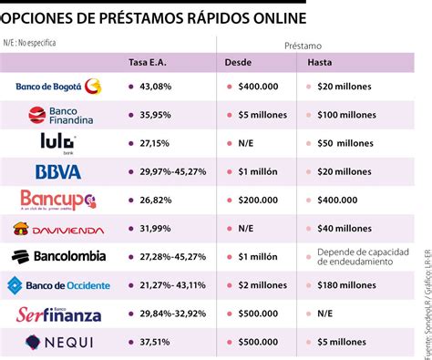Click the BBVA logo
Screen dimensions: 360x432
(x=58, y=171)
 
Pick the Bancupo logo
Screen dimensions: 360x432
(x=58, y=200)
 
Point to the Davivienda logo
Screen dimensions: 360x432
(x=58, y=229)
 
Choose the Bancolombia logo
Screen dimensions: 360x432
(x=58, y=257)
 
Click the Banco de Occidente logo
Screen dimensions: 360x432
(x=58, y=285)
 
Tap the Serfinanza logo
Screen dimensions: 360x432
(x=58, y=314)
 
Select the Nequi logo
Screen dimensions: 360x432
(x=58, y=343)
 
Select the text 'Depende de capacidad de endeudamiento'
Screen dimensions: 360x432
(x=360, y=257)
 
